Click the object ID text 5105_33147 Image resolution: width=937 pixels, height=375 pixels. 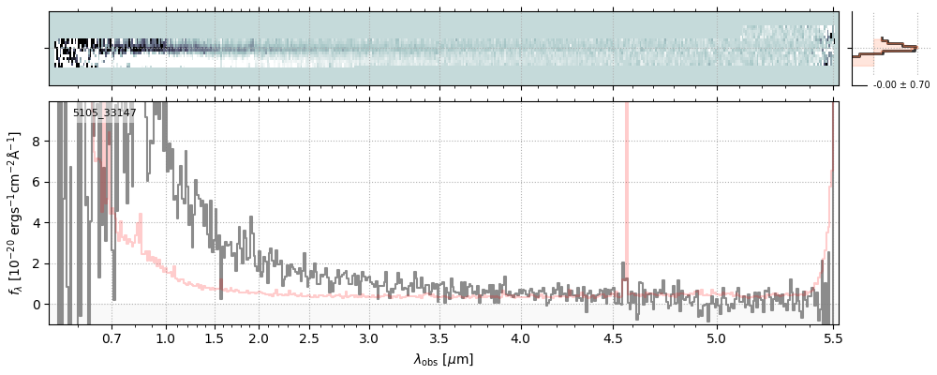point(105,113)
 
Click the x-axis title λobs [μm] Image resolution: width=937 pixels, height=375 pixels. point(443,359)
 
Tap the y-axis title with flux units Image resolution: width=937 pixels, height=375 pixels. point(15,214)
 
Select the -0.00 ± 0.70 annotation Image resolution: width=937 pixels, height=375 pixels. point(901,85)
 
